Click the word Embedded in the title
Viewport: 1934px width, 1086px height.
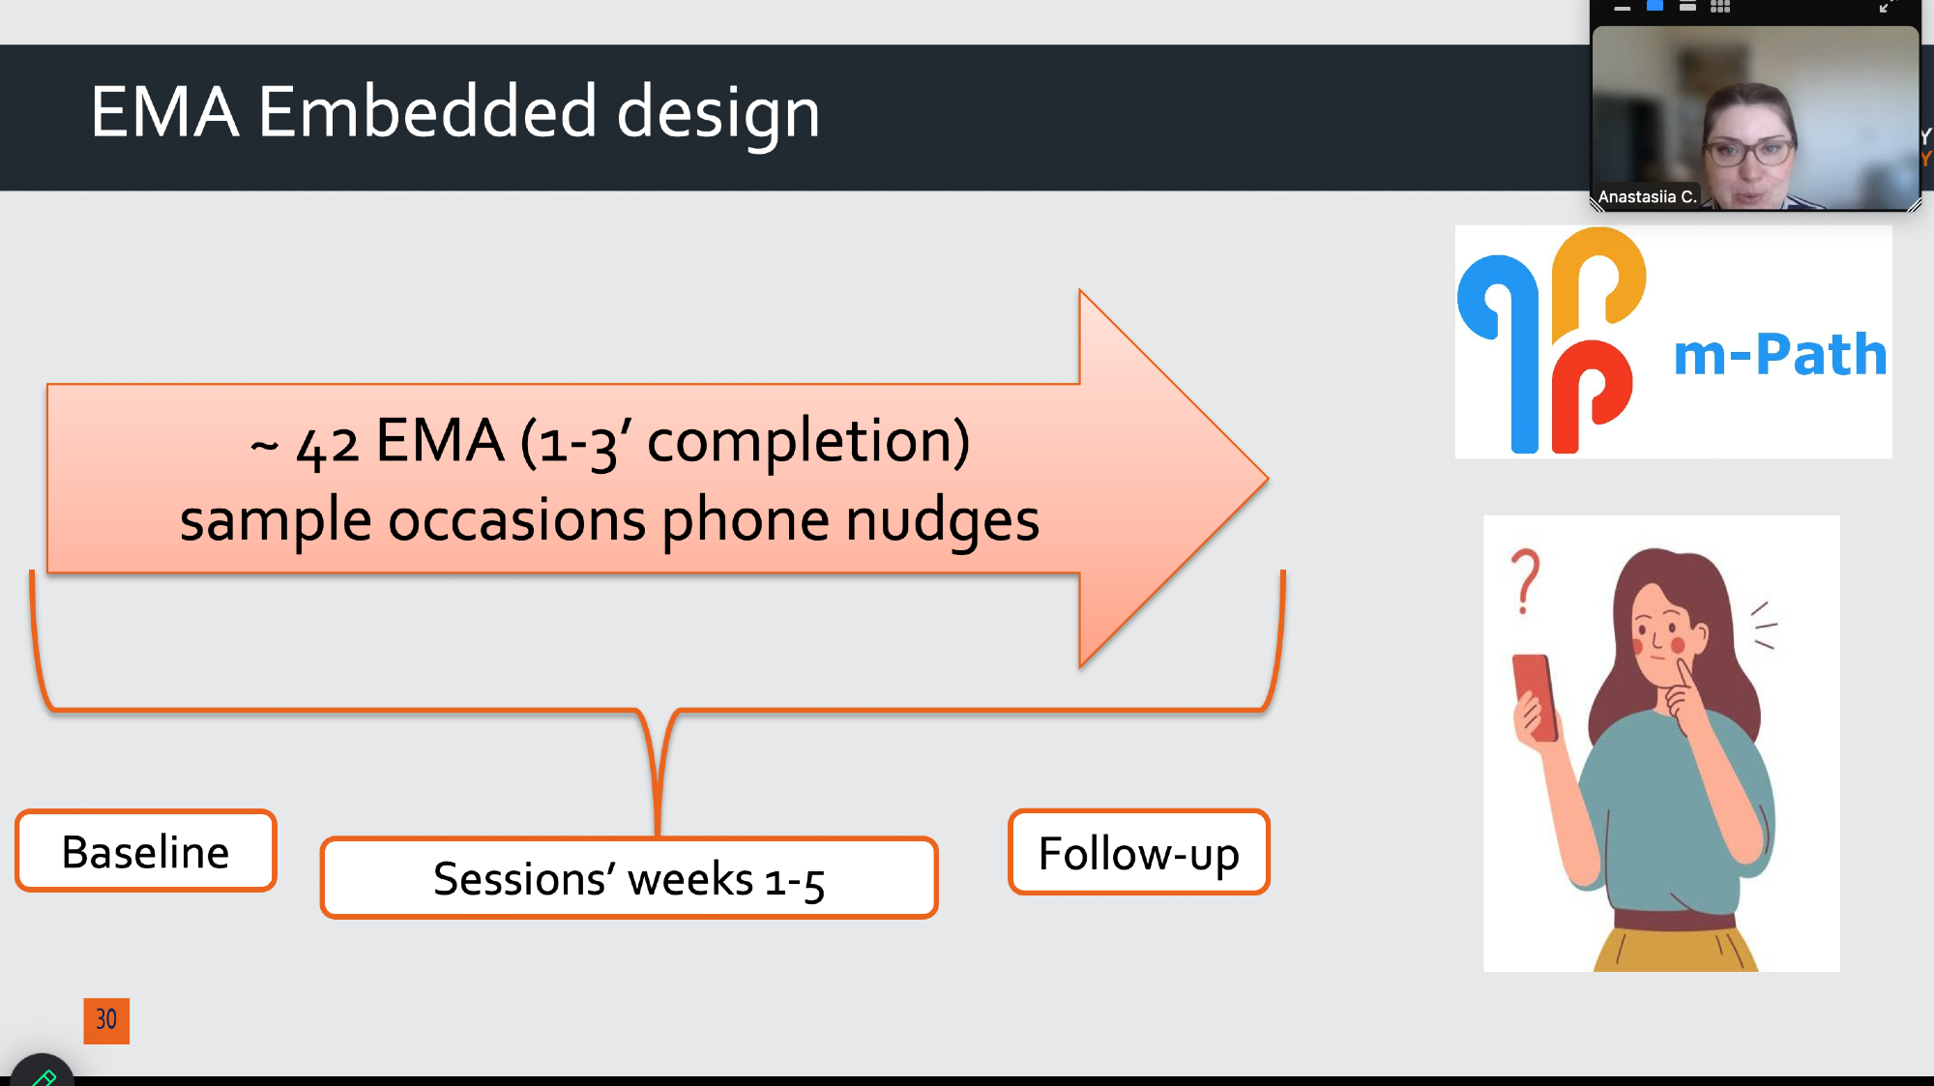pos(427,111)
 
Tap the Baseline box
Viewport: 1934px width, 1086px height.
pos(146,851)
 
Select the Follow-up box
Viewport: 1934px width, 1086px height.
pos(1138,852)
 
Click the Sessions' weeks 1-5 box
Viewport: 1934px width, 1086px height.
pos(629,878)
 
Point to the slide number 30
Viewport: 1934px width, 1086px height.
pos(106,1020)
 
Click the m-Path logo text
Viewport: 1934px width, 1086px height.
pos(1780,354)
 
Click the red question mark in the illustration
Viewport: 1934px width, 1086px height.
pos(1525,581)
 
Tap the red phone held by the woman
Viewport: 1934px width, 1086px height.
pos(1535,696)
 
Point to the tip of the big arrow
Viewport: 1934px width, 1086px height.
pos(1268,477)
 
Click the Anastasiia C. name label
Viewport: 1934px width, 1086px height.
pos(1647,196)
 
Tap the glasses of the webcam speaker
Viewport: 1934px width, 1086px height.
pos(1749,151)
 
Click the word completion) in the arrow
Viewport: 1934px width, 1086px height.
pos(807,443)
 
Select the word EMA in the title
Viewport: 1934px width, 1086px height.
pos(164,111)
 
